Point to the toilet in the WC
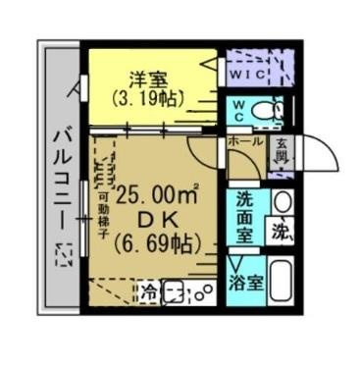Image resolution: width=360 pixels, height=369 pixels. click(x=264, y=114)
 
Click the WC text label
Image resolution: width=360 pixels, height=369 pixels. click(x=239, y=111)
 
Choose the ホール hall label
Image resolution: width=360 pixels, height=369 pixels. click(x=244, y=142)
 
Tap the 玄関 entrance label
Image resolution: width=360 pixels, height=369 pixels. click(x=281, y=150)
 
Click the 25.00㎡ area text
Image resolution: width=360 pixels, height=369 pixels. click(x=157, y=194)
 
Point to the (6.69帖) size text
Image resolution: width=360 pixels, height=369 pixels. click(x=158, y=242)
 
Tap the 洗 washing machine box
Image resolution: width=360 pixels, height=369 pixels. click(x=282, y=235)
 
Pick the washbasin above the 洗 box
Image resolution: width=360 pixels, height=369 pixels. click(x=282, y=202)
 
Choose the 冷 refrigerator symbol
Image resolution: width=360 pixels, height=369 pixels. click(x=147, y=291)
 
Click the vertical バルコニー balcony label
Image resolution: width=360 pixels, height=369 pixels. click(x=58, y=177)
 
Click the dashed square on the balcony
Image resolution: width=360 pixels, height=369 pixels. click(x=63, y=256)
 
